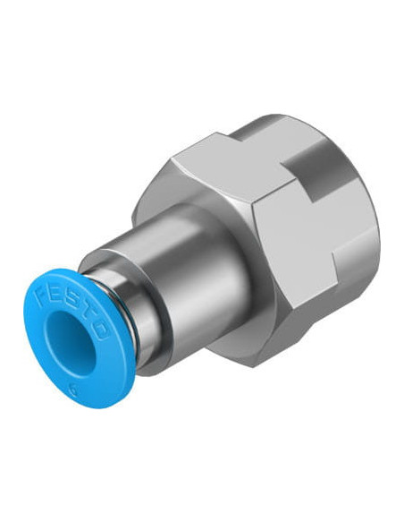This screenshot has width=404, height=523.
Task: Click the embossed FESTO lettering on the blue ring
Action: (71, 311)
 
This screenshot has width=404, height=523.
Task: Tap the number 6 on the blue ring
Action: (72, 389)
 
